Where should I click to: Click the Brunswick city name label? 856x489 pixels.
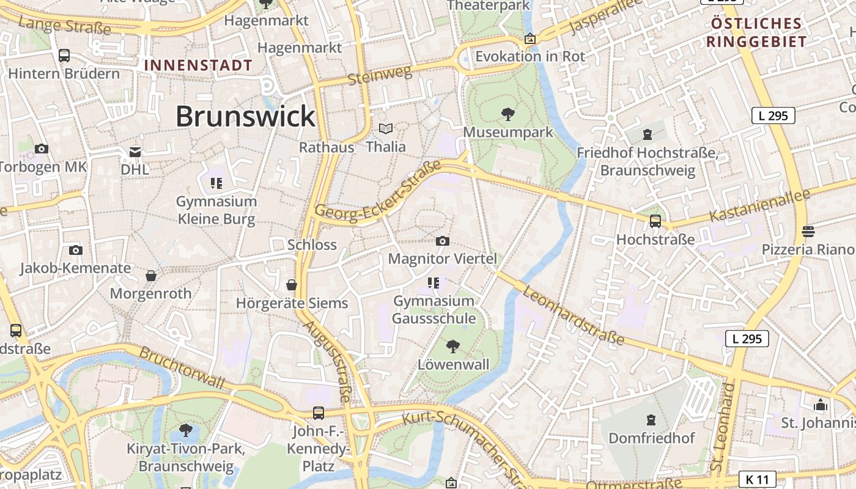point(245,116)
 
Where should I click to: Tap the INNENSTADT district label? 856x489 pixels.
point(198,65)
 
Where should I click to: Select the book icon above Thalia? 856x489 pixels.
point(385,129)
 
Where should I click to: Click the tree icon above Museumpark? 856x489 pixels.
point(507,114)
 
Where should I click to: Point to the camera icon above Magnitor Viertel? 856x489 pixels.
point(443,241)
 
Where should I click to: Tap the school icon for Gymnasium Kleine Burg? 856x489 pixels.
point(215,183)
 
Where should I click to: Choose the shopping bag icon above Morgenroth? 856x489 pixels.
point(151,276)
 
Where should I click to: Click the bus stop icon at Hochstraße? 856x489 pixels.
point(655,221)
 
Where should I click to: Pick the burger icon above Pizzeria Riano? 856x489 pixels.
point(808,231)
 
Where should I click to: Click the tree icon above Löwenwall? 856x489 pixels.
point(453,347)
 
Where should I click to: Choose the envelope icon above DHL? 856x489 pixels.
point(135,152)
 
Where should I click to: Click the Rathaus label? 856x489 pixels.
point(327,147)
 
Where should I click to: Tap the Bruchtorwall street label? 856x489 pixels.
point(182,367)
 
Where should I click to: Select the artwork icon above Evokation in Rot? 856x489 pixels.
point(530,39)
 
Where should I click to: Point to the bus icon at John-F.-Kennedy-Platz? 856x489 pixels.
point(319,413)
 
